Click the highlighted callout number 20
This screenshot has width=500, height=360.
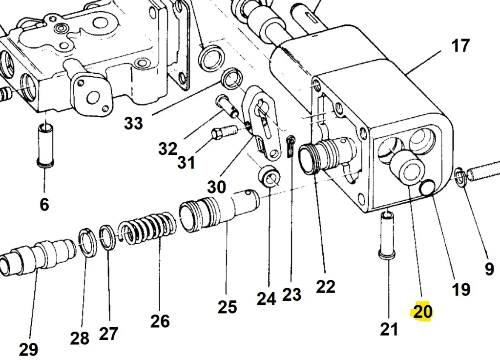(x=423, y=311)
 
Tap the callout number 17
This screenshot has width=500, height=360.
(x=460, y=46)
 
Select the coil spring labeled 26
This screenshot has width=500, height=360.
(x=147, y=227)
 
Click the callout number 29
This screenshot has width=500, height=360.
(x=29, y=349)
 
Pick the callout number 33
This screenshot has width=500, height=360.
(x=133, y=123)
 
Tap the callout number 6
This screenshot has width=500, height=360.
(x=44, y=204)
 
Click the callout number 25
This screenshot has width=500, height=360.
(x=227, y=307)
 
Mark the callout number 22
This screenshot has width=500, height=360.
(x=326, y=287)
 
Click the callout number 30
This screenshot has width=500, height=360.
(x=217, y=187)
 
